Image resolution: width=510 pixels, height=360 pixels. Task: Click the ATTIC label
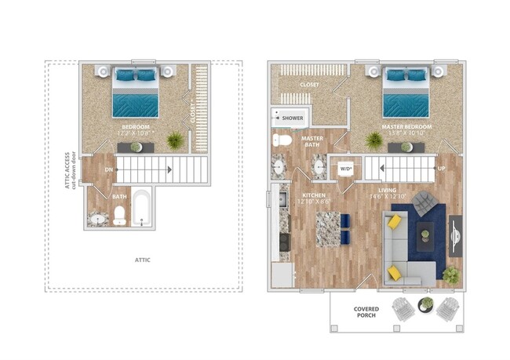point(142,260)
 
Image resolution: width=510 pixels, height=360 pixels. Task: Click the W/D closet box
point(345,169)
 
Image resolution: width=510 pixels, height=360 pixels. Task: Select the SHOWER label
point(292,118)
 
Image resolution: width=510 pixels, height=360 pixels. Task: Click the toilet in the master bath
point(281,141)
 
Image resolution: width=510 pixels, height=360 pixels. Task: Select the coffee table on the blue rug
point(424,231)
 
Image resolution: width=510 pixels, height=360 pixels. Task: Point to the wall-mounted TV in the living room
point(456,235)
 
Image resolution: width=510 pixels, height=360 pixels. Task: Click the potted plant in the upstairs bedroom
point(175,140)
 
